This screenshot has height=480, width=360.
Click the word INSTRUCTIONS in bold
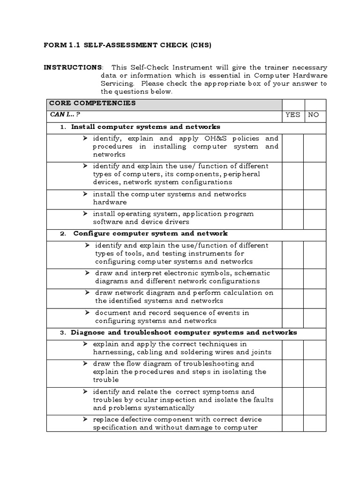click(72, 67)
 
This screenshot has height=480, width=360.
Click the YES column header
click(292, 115)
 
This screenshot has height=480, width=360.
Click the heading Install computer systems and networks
click(145, 127)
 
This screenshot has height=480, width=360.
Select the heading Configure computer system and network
click(150, 233)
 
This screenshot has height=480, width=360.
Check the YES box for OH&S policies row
click(292, 146)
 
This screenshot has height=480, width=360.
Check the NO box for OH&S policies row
click(315, 146)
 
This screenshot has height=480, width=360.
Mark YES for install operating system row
click(292, 218)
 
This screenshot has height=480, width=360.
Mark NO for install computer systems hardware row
click(315, 198)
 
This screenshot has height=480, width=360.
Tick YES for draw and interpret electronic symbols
click(292, 277)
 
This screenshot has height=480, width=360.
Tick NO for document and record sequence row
click(315, 317)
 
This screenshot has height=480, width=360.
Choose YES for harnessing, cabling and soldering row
click(292, 348)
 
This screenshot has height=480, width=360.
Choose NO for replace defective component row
click(315, 423)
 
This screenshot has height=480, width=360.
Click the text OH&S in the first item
click(216, 139)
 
